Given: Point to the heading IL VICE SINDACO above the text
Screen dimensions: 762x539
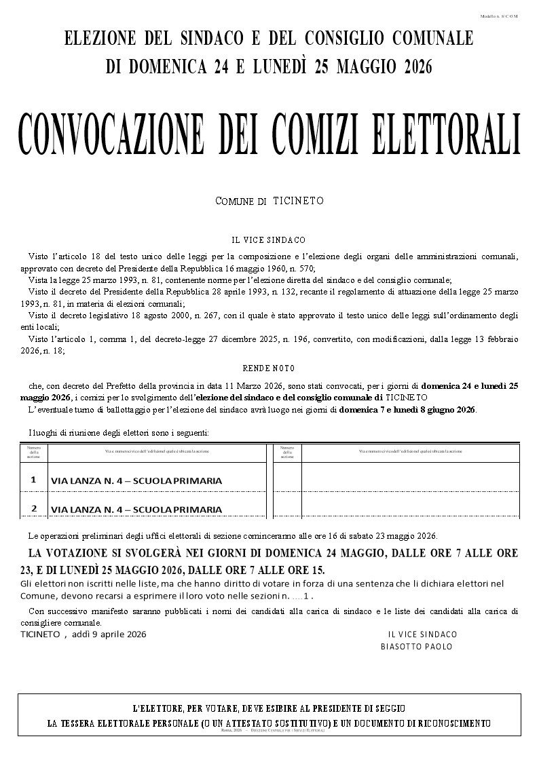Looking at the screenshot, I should click(269, 240).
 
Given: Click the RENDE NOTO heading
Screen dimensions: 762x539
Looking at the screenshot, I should click(269, 368).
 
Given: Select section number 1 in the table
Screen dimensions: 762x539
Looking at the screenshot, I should click(33, 480).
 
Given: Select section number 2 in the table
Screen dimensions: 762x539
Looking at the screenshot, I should click(33, 508).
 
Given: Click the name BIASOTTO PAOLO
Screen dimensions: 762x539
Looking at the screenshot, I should click(416, 647).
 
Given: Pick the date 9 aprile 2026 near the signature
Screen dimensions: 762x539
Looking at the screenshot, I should click(116, 634).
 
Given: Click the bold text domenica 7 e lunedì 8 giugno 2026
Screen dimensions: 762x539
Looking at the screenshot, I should click(407, 410).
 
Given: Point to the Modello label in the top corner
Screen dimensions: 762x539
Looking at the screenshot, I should click(498, 16).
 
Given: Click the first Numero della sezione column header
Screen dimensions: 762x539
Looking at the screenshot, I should click(33, 453).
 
